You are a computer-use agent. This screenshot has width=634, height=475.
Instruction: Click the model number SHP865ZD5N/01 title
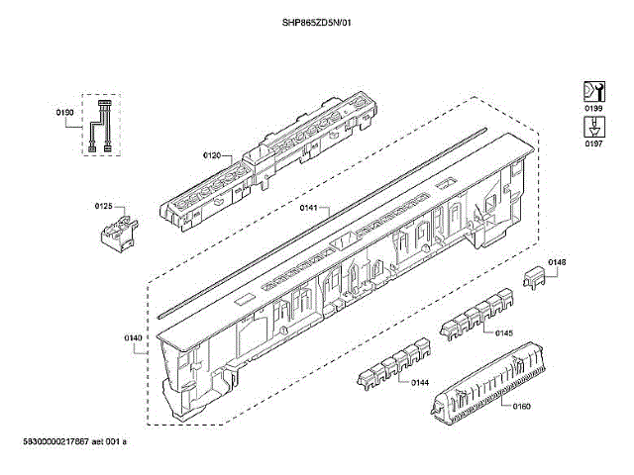click(317, 23)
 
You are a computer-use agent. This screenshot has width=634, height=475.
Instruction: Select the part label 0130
click(65, 113)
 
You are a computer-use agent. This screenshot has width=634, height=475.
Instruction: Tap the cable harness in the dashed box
click(99, 126)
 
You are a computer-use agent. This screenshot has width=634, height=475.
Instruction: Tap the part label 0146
click(558, 262)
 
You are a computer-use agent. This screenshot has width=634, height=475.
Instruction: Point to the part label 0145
click(504, 332)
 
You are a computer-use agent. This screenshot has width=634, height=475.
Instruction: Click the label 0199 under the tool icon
click(593, 108)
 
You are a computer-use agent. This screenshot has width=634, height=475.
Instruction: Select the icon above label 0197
click(593, 127)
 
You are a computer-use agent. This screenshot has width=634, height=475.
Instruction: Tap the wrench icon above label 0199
click(593, 89)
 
